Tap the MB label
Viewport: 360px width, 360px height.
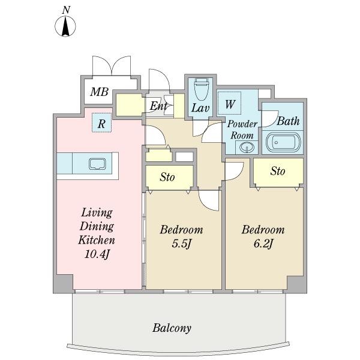click(99, 92)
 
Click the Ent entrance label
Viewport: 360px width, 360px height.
click(158, 106)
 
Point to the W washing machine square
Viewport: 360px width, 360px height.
click(229, 103)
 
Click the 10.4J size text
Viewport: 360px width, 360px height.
click(97, 254)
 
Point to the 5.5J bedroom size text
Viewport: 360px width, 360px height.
click(181, 243)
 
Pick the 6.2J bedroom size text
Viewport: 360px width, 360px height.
click(263, 243)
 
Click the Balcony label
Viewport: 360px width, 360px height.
click(172, 328)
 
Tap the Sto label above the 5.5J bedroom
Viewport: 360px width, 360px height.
click(167, 177)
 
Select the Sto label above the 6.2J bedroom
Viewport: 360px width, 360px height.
click(277, 171)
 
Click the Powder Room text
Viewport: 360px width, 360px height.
click(241, 129)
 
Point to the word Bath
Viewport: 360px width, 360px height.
click(288, 121)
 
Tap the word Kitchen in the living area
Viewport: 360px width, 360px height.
click(97, 240)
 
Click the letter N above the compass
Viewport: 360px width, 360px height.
click(67, 10)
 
